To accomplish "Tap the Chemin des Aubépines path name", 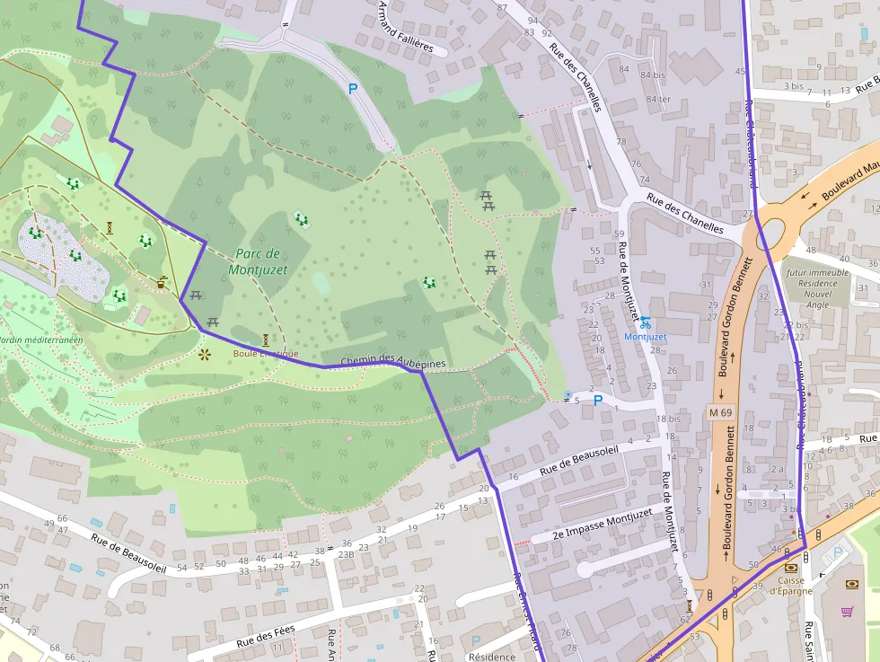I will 392,360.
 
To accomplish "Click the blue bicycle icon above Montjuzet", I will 646,322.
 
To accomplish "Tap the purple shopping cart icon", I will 847,612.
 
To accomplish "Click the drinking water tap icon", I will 568,395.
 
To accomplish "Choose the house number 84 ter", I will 658,99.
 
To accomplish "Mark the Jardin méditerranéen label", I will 39,340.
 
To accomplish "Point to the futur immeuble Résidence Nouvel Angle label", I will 817,288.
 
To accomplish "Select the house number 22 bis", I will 795,325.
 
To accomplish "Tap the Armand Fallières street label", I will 406,27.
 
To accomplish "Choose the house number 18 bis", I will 668,419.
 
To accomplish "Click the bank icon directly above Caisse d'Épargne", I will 791,568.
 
